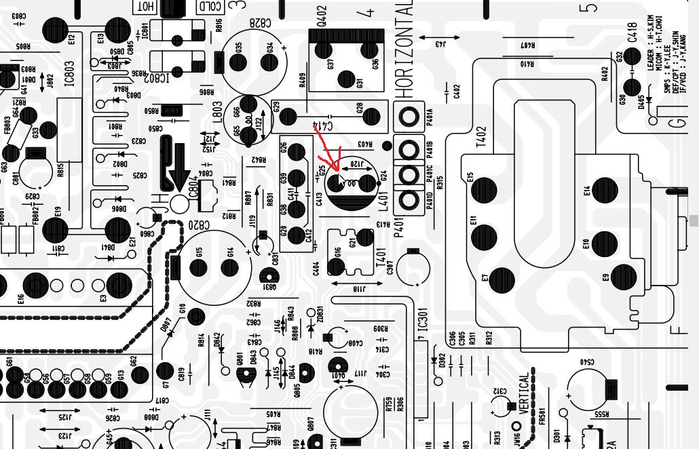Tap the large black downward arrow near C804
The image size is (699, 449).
(179, 169)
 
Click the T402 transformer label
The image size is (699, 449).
(481, 137)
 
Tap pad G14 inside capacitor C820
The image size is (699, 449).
(231, 267)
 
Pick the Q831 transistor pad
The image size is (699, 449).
(269, 275)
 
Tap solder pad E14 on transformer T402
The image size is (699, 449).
(603, 191)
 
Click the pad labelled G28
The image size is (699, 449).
(371, 117)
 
